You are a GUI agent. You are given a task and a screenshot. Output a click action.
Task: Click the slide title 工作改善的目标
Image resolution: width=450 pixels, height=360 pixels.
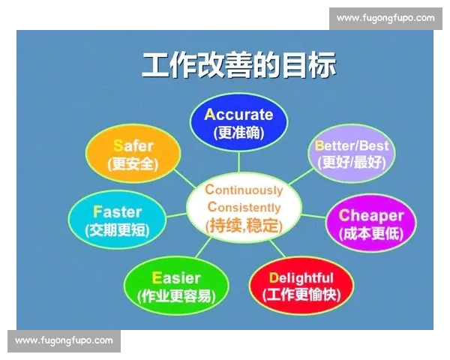coord(238,65)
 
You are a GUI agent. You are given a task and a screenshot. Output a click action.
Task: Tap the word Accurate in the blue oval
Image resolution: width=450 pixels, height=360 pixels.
coord(238,115)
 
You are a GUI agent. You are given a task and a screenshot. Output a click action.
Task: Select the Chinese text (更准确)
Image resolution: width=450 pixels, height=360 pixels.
coord(238,133)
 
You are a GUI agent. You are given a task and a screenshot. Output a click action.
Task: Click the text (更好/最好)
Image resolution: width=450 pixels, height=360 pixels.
coord(351,161)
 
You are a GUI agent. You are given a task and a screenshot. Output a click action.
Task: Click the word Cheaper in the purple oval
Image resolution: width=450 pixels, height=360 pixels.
coord(371,215)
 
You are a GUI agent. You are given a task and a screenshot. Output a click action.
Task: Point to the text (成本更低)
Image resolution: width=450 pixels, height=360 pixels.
coord(371,233)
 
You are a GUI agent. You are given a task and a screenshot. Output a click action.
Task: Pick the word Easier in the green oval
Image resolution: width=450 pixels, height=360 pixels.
coord(176,277)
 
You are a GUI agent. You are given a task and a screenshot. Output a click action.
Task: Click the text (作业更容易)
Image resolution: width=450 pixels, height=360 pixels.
coord(176,295)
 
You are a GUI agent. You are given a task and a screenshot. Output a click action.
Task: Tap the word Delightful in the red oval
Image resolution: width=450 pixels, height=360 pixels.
coord(301,277)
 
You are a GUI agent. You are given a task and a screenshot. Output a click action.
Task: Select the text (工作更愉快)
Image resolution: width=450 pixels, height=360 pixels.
coord(301,295)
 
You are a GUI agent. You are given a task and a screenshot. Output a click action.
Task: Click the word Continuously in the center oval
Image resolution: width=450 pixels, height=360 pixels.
coord(244,190)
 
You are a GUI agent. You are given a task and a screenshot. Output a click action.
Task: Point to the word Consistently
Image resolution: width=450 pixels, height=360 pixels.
coord(244,207)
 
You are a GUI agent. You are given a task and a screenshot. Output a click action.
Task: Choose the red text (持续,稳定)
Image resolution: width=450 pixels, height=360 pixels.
coord(244,224)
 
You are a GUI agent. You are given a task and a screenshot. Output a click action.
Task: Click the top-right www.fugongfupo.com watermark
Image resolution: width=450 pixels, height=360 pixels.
coord(385,18)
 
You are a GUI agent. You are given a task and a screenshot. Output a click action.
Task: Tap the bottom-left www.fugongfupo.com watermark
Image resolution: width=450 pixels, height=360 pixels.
coord(64,340)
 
